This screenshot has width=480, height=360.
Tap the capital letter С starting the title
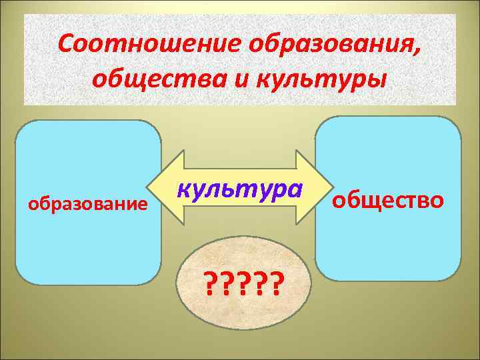[x=65, y=45]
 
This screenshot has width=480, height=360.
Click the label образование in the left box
[x=87, y=203]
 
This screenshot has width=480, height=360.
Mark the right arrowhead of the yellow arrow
[x=319, y=188]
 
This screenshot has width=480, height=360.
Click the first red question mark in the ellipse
[x=211, y=286]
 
